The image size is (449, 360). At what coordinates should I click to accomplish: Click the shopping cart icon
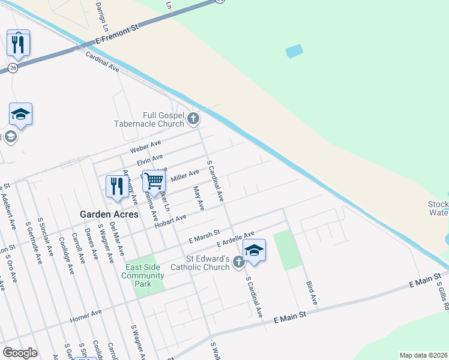[154, 180]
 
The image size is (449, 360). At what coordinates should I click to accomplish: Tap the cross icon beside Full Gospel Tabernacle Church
[193, 118]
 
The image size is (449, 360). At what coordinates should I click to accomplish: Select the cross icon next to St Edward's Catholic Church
[238, 262]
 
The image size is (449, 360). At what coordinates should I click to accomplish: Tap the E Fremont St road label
[117, 35]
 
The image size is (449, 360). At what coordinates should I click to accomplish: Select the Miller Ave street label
[185, 175]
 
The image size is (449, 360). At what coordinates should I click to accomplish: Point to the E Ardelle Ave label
[236, 238]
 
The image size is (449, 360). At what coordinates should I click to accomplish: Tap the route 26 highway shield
[13, 68]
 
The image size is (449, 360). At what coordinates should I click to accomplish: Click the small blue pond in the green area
[294, 51]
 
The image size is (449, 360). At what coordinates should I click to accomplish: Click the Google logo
[20, 352]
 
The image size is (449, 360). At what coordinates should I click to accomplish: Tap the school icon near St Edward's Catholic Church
[254, 251]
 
